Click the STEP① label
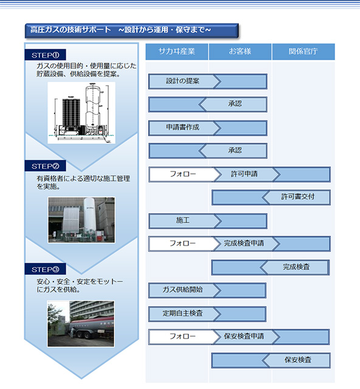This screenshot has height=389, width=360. [45, 55]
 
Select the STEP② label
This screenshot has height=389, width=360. [45, 166]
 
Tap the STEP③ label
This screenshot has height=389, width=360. [45, 269]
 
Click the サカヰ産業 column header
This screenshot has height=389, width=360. [177, 52]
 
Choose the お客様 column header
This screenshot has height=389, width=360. [240, 52]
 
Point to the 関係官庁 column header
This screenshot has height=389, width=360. [303, 52]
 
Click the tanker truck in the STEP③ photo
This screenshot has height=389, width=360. [91, 327]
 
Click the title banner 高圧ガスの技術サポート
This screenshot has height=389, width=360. [131, 30]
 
